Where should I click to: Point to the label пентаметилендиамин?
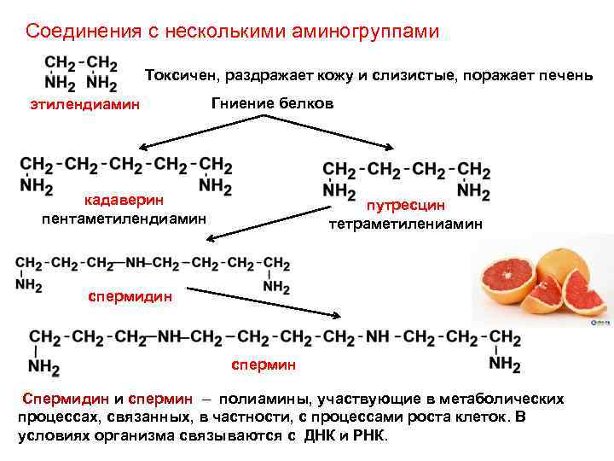[124, 218]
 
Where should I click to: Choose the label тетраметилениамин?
[406, 225]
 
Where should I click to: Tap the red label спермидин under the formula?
[130, 297]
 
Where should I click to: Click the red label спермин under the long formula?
[264, 365]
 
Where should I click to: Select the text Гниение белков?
[272, 103]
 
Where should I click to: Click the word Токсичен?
[182, 75]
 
